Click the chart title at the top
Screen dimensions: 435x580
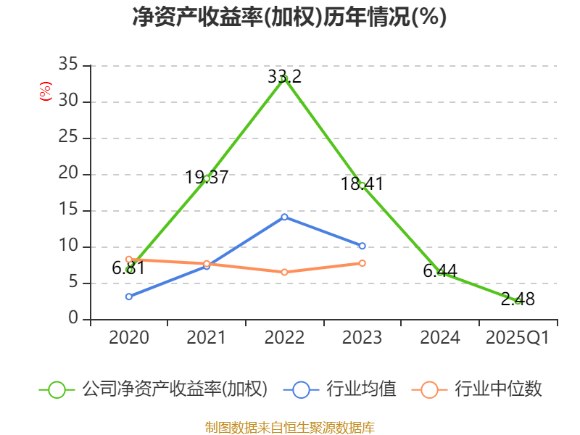point(289,17)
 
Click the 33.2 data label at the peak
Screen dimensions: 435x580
point(284,76)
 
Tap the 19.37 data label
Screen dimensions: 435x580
point(207,177)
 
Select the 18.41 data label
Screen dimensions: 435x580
point(362,184)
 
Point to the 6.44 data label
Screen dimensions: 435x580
point(440,271)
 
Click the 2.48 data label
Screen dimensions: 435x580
point(518,299)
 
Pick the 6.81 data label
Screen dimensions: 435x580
point(128,268)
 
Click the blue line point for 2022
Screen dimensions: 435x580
point(284,217)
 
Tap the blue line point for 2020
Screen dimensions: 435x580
point(128,297)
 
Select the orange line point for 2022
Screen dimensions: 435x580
point(284,272)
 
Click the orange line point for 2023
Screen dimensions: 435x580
point(362,262)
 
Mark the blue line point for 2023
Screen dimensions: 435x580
point(362,246)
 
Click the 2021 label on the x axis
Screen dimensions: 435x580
point(207,338)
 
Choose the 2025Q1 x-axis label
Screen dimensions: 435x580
point(518,338)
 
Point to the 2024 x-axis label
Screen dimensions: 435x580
point(440,338)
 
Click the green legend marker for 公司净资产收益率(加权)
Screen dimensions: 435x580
point(57,389)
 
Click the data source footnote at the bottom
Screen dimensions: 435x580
point(289,427)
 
